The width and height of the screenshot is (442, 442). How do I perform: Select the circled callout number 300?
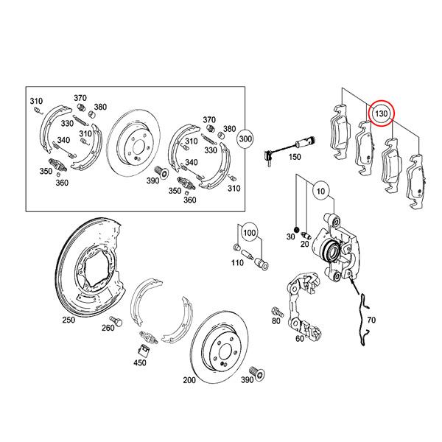245,138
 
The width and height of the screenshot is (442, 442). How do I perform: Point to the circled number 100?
250,234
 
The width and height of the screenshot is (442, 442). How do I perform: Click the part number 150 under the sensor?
295,158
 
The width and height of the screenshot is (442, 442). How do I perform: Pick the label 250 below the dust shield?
69,320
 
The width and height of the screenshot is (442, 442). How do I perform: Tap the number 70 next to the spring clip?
371,320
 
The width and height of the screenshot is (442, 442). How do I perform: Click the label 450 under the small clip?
140,363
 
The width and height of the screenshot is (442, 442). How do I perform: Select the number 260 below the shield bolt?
108,328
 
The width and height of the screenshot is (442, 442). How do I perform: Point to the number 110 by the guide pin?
237,264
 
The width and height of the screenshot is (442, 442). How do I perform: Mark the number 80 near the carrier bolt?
276,321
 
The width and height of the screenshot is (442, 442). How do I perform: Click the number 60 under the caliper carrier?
299,340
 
